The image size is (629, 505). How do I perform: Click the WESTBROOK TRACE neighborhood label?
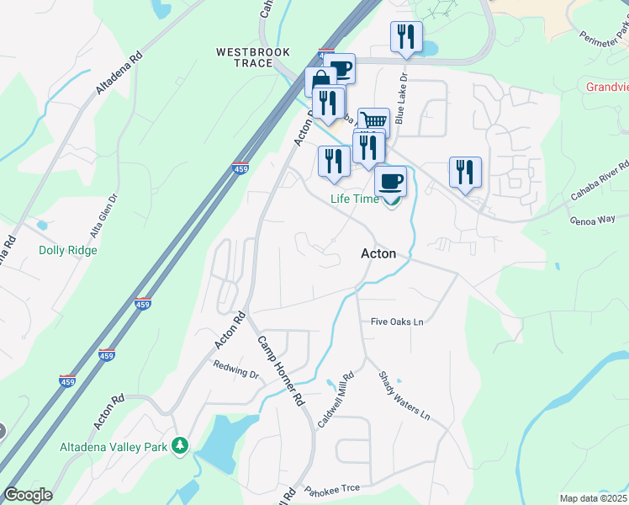253,57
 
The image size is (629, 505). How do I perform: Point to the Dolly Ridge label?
68,250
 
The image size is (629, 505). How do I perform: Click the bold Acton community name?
378,252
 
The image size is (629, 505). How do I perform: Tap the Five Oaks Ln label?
397,322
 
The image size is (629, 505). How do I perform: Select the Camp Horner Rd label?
279,372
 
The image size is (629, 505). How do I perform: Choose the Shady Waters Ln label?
404,396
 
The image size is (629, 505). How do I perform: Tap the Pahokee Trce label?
331,489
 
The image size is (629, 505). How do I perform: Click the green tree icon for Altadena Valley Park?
178,444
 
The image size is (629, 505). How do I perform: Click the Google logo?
28,495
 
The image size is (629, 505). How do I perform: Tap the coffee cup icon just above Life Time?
389,180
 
